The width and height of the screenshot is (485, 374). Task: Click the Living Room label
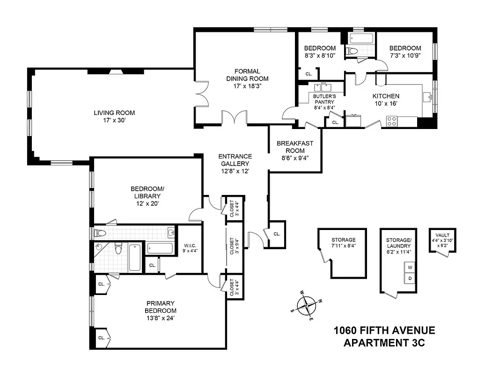click(x=114, y=113)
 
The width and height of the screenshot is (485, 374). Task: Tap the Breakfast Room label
click(x=294, y=147)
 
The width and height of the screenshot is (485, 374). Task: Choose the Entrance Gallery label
click(x=235, y=160)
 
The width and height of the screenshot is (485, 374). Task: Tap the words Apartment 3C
click(x=384, y=343)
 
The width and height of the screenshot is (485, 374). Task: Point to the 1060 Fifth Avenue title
click(x=384, y=331)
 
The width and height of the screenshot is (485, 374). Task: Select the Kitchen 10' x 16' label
click(x=386, y=100)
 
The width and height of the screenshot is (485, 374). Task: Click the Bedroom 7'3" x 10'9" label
click(x=405, y=51)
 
